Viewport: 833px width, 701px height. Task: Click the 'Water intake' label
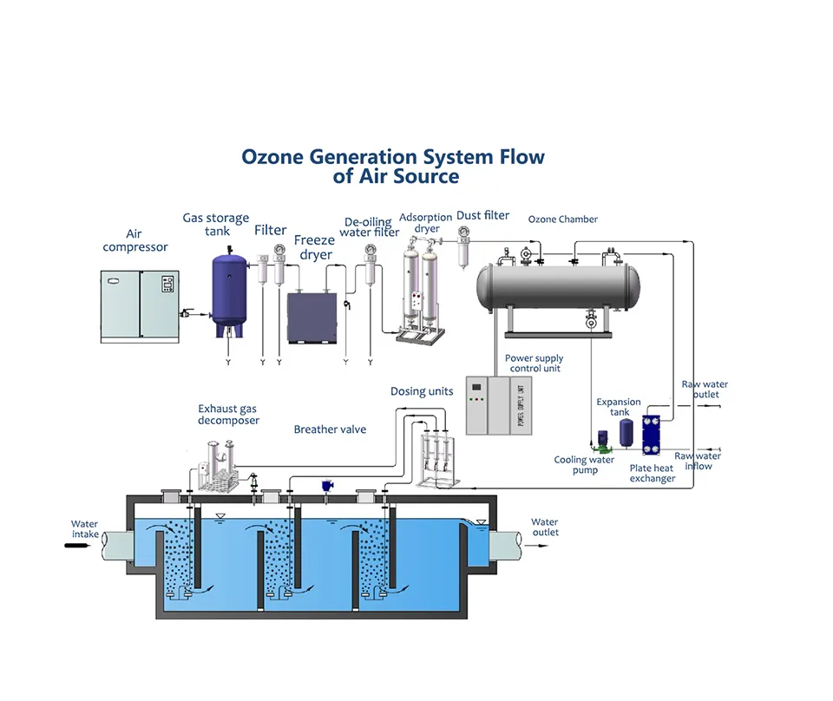click(85, 529)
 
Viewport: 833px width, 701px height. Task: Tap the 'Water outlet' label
click(545, 527)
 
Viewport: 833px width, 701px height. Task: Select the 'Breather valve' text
click(330, 429)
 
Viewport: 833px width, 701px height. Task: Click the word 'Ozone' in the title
click(272, 157)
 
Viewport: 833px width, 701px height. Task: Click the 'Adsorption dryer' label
click(427, 223)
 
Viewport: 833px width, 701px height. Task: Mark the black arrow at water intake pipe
click(76, 546)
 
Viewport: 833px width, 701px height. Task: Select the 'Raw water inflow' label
click(699, 461)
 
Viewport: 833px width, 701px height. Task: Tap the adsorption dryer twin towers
click(415, 291)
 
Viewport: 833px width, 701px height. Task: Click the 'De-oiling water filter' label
click(370, 227)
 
